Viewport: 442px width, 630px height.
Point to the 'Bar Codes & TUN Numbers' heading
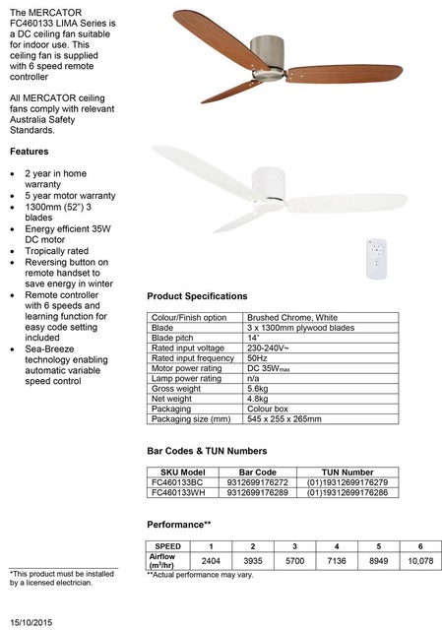coord(207,451)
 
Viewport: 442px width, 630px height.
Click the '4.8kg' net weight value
coord(258,398)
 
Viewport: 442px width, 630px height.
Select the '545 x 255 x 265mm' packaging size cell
coord(284,418)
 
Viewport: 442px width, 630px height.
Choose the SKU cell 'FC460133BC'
coord(178,482)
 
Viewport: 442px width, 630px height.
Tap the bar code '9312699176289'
coord(251,492)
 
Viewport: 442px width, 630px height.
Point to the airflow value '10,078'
coord(419,560)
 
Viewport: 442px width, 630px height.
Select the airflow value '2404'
coord(211,560)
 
